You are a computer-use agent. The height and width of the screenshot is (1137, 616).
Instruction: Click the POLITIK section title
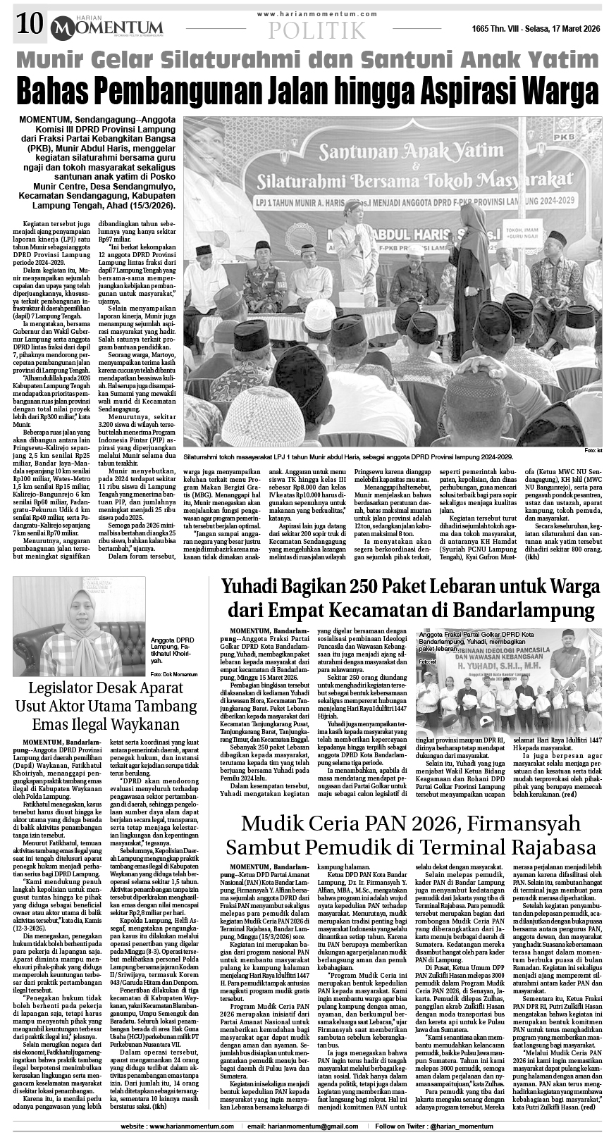(317, 30)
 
